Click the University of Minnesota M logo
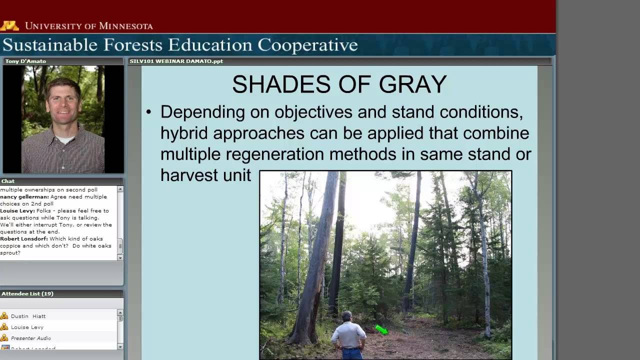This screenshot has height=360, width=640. point(9,25)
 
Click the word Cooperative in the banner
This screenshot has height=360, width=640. point(307,45)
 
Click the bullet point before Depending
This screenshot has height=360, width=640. point(148,112)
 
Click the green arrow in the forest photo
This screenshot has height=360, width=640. point(381,329)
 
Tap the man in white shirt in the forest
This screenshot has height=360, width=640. point(348,336)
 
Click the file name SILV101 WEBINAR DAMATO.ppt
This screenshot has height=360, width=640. point(176,61)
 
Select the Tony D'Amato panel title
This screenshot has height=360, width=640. point(25,61)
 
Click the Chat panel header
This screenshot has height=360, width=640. point(8,181)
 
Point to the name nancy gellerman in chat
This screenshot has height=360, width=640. point(24,197)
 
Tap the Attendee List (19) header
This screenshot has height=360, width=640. point(27,293)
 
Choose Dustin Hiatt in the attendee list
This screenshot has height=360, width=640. point(28,316)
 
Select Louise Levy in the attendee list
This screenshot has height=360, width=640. point(27,327)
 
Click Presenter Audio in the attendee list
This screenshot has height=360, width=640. point(30,338)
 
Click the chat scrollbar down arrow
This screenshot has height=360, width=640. point(120,257)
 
